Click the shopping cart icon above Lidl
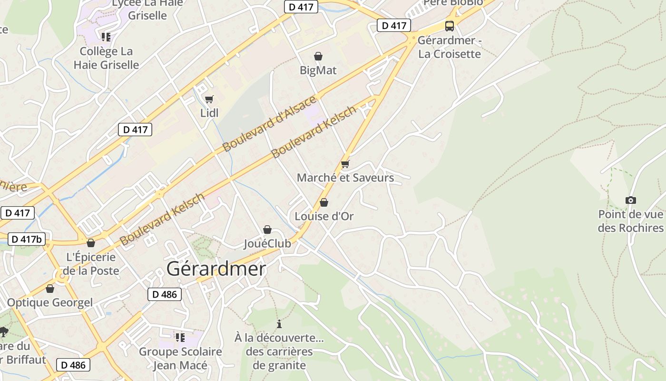tap(209, 99)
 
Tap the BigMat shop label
tap(318, 70)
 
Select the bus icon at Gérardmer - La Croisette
tap(449, 26)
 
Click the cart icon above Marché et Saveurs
tap(345, 164)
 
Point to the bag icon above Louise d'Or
tap(324, 202)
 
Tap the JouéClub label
tap(267, 243)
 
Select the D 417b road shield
tap(27, 239)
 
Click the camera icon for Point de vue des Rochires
tap(630, 200)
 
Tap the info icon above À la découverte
tap(279, 324)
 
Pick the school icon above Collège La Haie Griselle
tap(106, 37)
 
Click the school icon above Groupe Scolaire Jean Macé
tap(180, 338)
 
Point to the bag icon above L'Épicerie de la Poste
tap(91, 243)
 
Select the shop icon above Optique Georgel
tap(50, 289)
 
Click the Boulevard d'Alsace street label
tap(269, 123)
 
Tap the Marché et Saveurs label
tap(345, 178)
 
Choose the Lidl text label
tap(209, 113)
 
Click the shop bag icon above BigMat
tap(318, 57)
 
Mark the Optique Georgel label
tap(50, 302)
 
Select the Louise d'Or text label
tap(324, 216)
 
